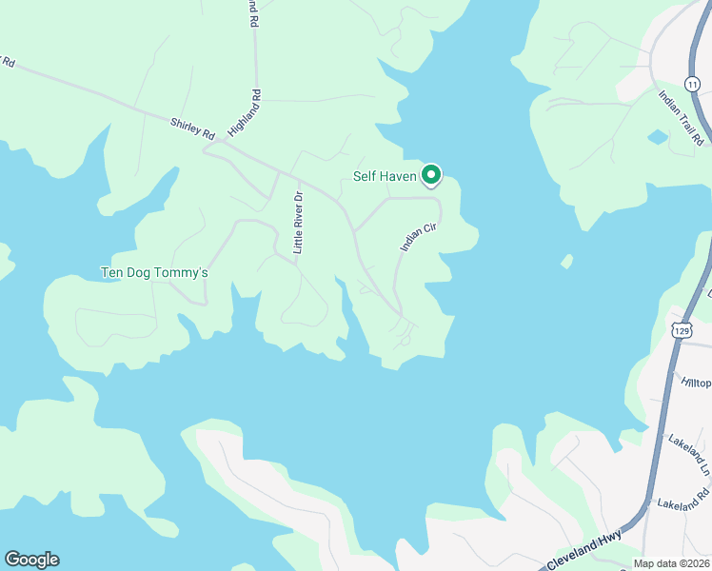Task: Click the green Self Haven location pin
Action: pyautogui.click(x=431, y=174)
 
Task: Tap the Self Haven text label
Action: pyautogui.click(x=385, y=176)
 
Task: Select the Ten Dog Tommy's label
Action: pyautogui.click(x=154, y=273)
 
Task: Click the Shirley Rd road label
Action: pyautogui.click(x=192, y=128)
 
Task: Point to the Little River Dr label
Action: pyautogui.click(x=298, y=222)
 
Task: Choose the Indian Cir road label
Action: pyautogui.click(x=417, y=232)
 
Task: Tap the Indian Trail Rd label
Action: pyautogui.click(x=682, y=117)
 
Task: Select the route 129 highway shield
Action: pyautogui.click(x=681, y=329)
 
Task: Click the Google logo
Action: pyautogui.click(x=31, y=560)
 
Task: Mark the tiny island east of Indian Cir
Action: pyautogui.click(x=567, y=261)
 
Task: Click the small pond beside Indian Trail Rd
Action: pyautogui.click(x=658, y=137)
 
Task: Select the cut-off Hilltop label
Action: pyautogui.click(x=696, y=382)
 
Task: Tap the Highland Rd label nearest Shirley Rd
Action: pyautogui.click(x=244, y=112)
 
